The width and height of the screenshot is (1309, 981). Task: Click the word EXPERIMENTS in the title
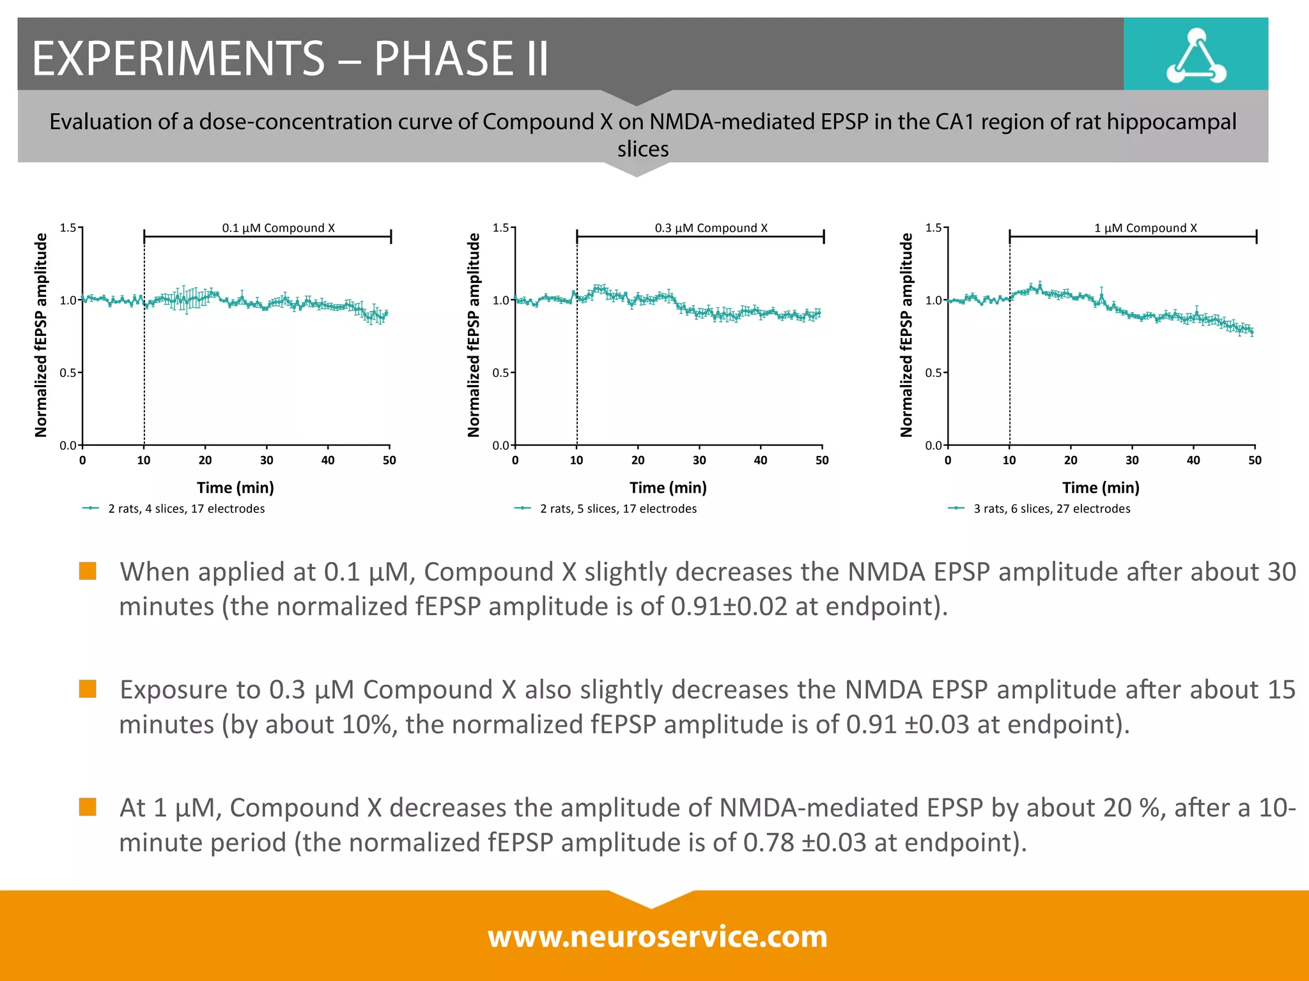pos(178,59)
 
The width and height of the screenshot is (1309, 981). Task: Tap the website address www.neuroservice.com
pos(657,937)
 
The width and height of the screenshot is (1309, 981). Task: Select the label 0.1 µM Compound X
pos(278,228)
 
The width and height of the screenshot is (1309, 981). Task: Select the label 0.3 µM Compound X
pos(711,228)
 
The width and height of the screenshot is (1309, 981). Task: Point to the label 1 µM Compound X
pos(1145,228)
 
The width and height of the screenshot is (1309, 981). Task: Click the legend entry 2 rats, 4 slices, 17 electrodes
pos(186,509)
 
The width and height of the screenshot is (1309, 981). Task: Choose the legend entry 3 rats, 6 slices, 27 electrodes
pos(1051,509)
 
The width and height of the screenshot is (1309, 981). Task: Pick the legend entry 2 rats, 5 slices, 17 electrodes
pos(618,509)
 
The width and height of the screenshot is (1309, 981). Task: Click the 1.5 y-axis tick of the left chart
pos(67,228)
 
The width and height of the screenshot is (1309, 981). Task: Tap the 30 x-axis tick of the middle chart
pos(699,460)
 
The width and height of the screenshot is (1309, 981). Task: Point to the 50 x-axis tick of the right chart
pos(1255,460)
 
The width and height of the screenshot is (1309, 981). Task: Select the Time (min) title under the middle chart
pos(668,488)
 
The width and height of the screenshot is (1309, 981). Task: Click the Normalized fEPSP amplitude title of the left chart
pos(41,335)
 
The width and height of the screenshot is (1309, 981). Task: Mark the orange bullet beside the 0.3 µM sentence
pos(88,689)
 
